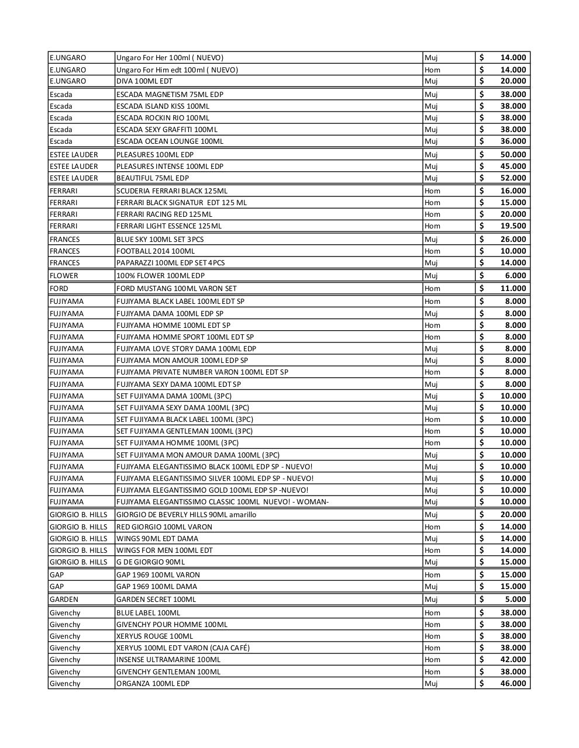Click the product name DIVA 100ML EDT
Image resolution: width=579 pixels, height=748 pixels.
(x=144, y=81)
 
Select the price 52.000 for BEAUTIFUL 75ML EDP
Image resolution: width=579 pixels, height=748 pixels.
(x=513, y=178)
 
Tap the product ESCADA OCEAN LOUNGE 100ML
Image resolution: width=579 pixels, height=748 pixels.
(x=170, y=141)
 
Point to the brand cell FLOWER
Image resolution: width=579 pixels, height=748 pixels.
(x=64, y=275)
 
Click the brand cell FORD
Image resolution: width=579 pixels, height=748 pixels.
(x=59, y=288)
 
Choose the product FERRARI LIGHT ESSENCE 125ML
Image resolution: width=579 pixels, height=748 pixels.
(x=169, y=226)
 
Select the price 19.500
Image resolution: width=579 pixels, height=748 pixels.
(x=513, y=226)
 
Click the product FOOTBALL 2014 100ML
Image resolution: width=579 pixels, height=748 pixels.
(x=156, y=251)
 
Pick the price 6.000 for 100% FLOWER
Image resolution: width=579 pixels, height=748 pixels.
(x=515, y=275)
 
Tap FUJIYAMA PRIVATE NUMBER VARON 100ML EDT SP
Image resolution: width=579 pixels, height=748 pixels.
(x=202, y=372)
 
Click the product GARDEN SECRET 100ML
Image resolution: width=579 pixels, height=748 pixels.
(x=156, y=599)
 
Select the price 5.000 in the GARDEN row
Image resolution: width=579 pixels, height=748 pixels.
(x=515, y=599)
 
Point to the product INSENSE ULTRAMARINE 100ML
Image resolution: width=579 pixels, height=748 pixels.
(x=168, y=659)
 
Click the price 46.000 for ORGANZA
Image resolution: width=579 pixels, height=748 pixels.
(x=513, y=683)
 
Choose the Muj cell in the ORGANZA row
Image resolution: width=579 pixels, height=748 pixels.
(x=431, y=683)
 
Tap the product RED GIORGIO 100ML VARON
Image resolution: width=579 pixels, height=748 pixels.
(x=164, y=527)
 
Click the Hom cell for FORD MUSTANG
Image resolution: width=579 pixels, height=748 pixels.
(x=432, y=288)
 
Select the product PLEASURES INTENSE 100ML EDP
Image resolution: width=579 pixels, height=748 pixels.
(x=170, y=166)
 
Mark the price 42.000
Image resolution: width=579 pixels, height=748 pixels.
(x=513, y=659)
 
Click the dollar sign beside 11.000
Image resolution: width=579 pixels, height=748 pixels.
(x=482, y=288)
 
